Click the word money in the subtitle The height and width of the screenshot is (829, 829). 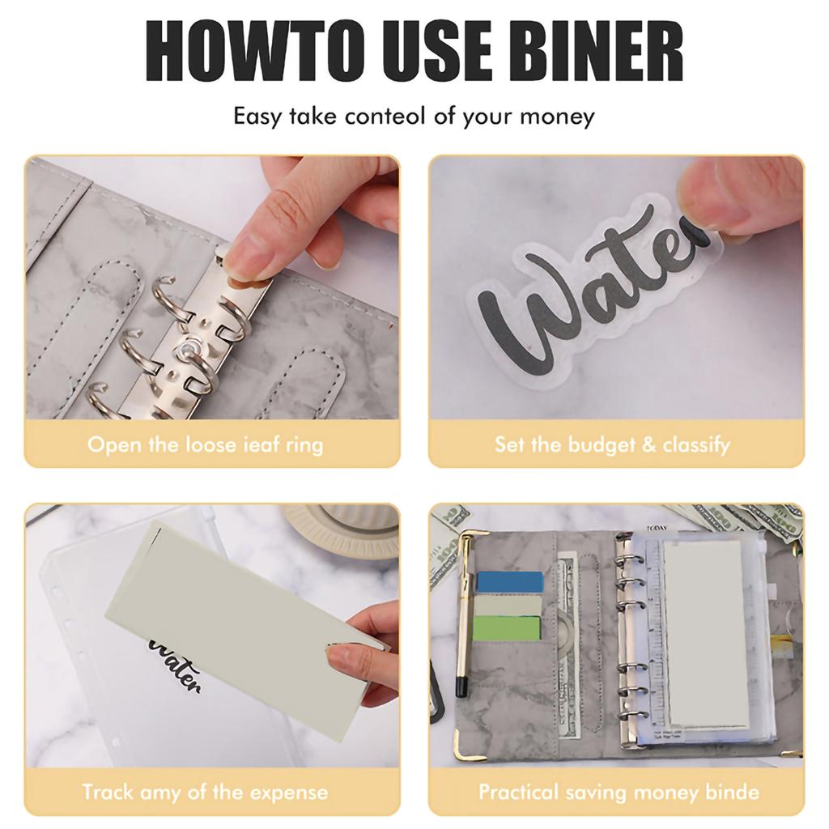click(x=557, y=116)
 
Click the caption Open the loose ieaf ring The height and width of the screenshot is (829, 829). click(x=205, y=444)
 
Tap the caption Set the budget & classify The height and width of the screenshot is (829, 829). click(x=612, y=444)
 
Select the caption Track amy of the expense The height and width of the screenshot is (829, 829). click(x=205, y=791)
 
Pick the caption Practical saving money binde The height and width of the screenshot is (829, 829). click(x=618, y=791)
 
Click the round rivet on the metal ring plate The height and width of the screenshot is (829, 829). click(x=185, y=349)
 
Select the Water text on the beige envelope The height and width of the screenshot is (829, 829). click(x=174, y=664)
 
